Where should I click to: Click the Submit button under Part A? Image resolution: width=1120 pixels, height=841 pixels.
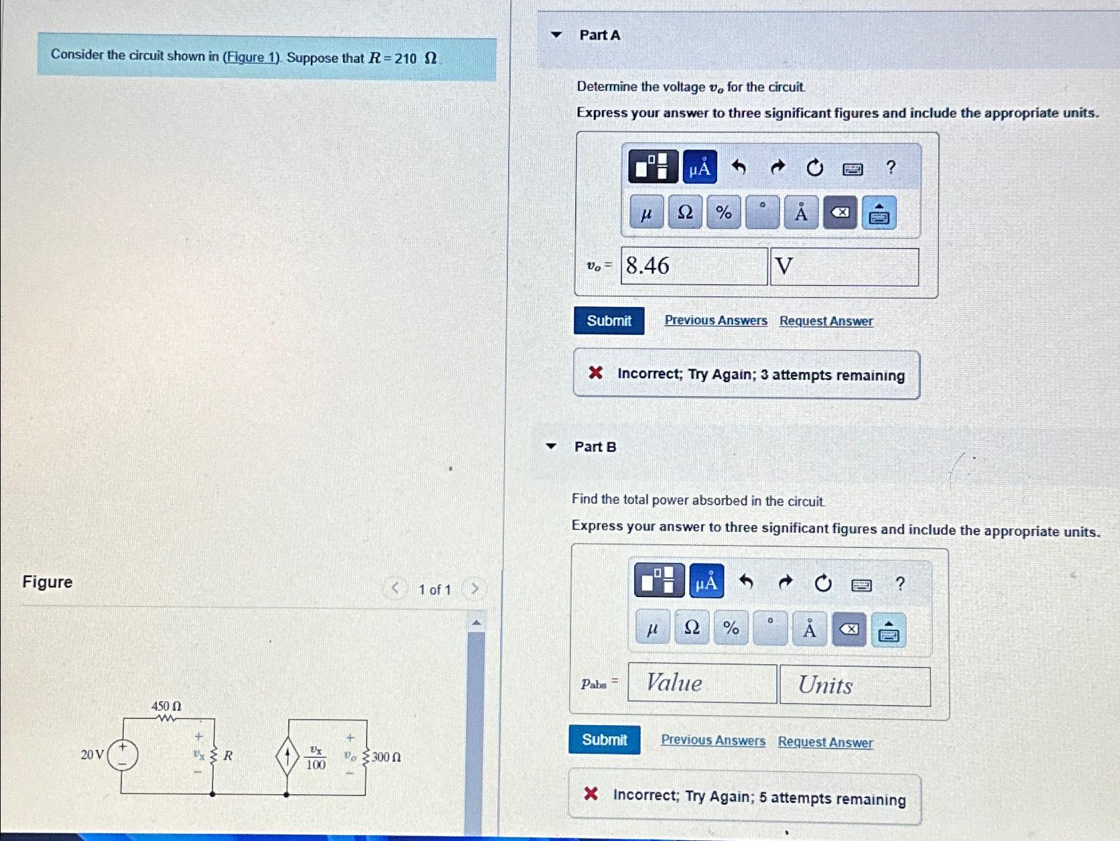[609, 321]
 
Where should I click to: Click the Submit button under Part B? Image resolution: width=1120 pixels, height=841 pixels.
[604, 740]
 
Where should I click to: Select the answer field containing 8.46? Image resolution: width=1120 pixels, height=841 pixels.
[694, 266]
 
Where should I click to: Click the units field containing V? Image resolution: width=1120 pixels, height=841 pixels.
[844, 267]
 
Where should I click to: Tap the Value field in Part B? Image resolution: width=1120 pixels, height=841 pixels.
[702, 684]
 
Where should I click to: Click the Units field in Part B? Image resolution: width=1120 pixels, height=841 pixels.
[855, 686]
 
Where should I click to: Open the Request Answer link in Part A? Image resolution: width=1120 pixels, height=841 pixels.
[826, 322]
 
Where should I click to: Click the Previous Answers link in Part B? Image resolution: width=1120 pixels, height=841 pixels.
[712, 740]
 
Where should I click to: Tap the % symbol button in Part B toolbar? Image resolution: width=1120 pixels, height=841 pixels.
[731, 629]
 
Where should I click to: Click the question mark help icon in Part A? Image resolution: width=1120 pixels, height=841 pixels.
[891, 167]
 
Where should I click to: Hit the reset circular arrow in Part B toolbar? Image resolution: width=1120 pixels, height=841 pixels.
[822, 584]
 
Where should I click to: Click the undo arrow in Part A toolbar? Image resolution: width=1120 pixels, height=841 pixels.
[739, 166]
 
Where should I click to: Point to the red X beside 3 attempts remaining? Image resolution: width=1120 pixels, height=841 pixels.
[595, 373]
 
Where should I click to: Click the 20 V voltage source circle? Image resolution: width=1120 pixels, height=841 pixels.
[123, 755]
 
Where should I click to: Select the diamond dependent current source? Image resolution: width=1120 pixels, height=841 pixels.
[287, 757]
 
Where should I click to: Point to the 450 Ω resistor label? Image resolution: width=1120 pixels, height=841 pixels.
[166, 706]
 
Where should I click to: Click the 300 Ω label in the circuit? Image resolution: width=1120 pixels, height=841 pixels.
[386, 757]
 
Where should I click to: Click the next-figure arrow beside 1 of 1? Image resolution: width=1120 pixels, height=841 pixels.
[475, 589]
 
